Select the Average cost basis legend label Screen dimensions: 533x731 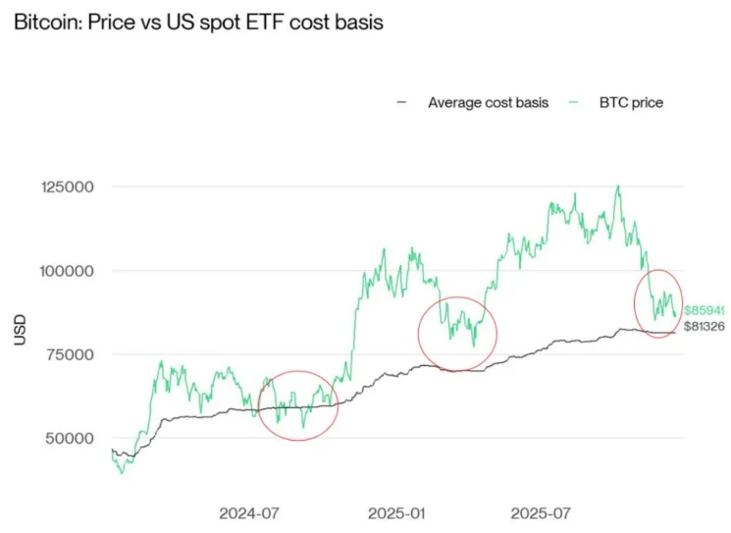488,102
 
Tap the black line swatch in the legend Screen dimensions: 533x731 401,102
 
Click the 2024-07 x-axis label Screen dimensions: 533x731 250,513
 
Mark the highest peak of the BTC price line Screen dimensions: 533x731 617,187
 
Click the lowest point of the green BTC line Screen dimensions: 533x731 122,473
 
